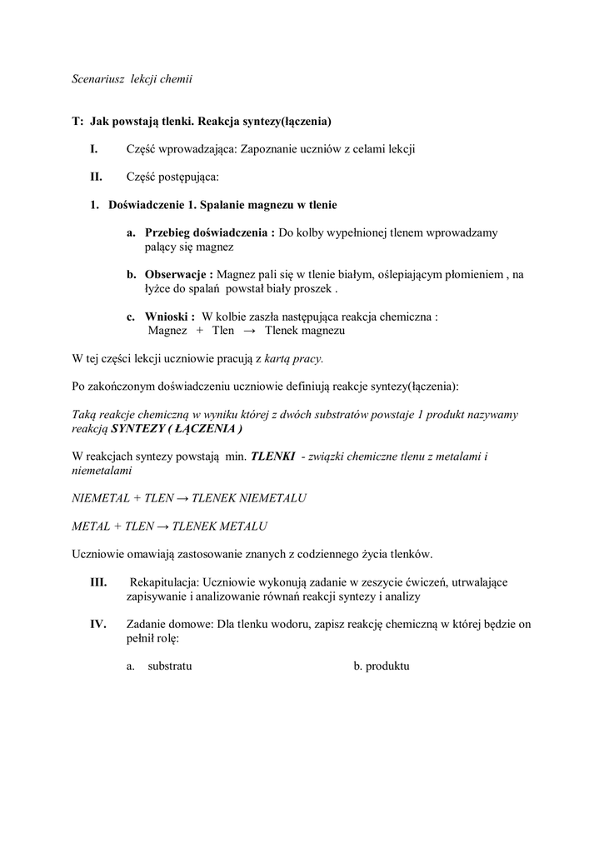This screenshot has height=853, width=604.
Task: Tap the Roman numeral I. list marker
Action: coord(94,149)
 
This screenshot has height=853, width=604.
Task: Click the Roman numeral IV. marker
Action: coord(98,624)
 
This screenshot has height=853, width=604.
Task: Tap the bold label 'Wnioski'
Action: coord(170,317)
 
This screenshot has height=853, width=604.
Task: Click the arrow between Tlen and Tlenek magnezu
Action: coord(247,331)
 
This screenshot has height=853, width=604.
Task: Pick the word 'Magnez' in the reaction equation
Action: coord(167,331)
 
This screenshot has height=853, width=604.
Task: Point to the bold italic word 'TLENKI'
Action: coord(272,456)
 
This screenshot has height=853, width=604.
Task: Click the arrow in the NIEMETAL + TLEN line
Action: coord(181,498)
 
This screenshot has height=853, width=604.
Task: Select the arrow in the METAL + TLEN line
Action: coord(162,526)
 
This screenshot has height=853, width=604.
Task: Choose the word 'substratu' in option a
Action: coord(169,666)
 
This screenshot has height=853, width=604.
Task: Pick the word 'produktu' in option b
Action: coord(387,666)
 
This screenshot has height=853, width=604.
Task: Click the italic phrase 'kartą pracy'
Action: coord(292,359)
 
